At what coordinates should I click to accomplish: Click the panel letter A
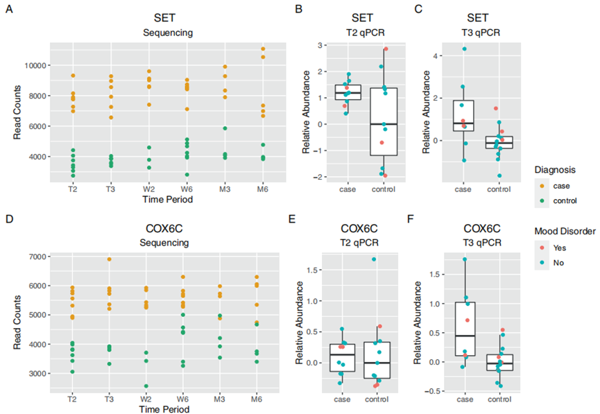click(10, 10)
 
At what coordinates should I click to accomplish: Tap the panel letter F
click(411, 221)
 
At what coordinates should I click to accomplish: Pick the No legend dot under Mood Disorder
click(545, 264)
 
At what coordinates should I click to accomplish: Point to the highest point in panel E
click(375, 259)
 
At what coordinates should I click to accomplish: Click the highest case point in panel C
click(463, 49)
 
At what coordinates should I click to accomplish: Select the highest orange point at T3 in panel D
click(110, 259)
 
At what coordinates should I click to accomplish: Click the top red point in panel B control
click(386, 49)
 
